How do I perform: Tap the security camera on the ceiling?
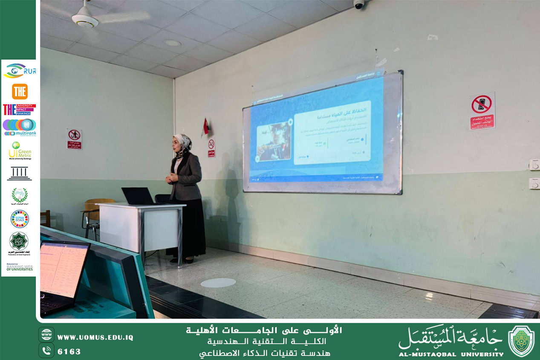coord(359,4)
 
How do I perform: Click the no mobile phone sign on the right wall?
coord(482,110)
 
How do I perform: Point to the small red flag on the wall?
coord(206,126)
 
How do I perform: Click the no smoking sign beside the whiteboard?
coord(211,148)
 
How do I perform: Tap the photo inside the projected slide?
coord(274,141)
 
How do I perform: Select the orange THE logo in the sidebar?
coord(20,91)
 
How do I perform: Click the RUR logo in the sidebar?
coord(20,71)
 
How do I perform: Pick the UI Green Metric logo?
coord(20,151)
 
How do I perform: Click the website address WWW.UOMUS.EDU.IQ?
coord(95,337)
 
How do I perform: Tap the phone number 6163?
coord(69,351)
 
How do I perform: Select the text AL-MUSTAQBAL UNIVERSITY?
coord(451,354)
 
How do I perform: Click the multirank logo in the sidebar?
coord(20,127)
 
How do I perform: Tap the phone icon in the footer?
coord(46,351)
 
